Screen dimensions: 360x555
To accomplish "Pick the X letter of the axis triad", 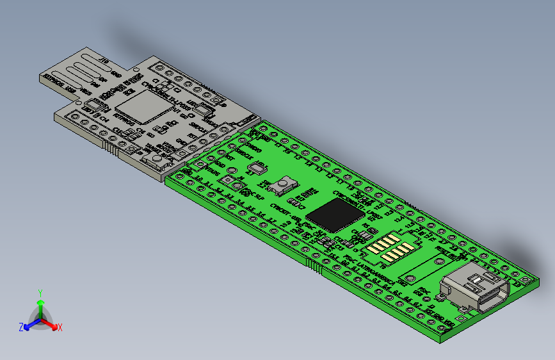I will pos(60,327).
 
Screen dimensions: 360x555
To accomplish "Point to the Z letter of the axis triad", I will pos(20,327).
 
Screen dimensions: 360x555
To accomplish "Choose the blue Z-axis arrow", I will pos(29,324).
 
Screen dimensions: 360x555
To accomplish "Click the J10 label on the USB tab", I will pos(104,61).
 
